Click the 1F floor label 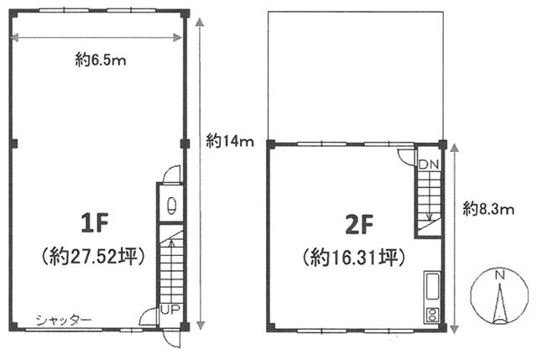point(95,223)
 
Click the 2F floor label point(358,225)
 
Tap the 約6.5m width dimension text point(101,60)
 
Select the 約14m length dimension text point(229,141)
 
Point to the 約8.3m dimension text point(488,208)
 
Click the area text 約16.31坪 point(354,258)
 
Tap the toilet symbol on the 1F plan point(171,205)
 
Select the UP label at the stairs point(170,310)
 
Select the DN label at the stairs point(429,164)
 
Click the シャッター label point(64,321)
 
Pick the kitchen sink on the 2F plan point(432,286)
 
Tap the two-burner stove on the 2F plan point(432,315)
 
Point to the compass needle point(500,304)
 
